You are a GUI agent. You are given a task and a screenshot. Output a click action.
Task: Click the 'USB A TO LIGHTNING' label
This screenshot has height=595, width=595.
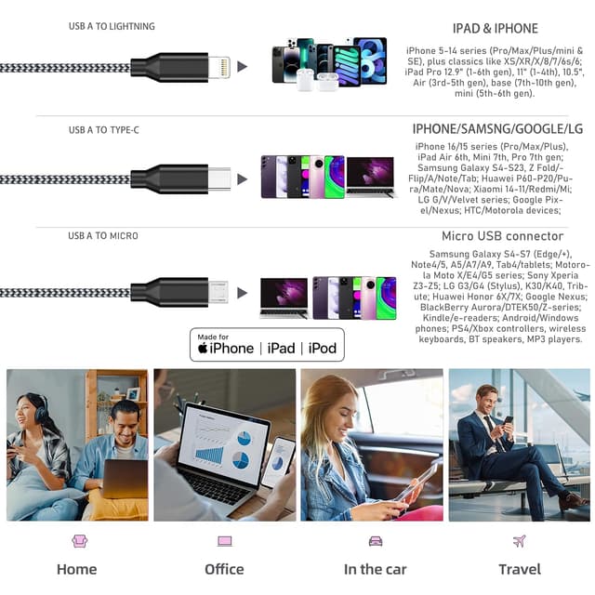[112, 26]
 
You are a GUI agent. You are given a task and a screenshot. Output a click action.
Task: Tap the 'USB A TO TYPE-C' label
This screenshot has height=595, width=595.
[104, 130]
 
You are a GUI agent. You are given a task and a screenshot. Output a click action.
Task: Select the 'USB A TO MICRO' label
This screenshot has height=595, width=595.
[103, 236]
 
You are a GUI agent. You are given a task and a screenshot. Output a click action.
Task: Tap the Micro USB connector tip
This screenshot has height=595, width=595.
[218, 291]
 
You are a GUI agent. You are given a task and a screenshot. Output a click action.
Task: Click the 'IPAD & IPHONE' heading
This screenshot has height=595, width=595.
[495, 29]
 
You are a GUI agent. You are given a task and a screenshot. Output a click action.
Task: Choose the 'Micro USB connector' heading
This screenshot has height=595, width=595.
[502, 236]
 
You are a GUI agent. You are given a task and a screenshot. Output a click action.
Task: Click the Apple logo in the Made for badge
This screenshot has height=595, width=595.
[204, 348]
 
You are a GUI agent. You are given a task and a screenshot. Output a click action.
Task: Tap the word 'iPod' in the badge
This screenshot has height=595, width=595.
[323, 348]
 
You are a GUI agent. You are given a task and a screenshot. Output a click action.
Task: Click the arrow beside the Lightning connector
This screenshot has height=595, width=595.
[243, 67]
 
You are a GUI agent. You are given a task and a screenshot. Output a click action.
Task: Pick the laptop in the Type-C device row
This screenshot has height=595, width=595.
[369, 177]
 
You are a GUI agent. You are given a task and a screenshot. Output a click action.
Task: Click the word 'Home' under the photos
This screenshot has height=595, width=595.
[76, 569]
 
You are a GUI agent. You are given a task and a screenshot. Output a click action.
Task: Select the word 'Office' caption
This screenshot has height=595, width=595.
[224, 569]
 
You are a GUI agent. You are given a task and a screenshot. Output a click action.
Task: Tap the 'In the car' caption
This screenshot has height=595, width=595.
[375, 569]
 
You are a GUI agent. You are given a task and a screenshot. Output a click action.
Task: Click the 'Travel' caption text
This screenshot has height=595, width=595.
[519, 569]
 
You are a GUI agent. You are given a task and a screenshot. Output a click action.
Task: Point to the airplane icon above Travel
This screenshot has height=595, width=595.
[519, 541]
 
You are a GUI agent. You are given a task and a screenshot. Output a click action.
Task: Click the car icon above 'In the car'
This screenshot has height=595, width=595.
[375, 541]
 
